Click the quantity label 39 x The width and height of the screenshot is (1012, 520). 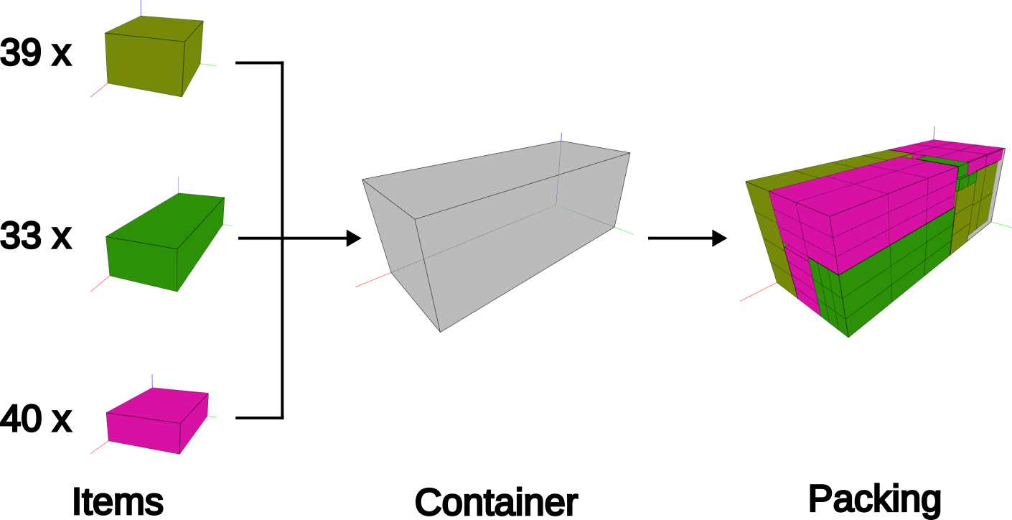coord(36,53)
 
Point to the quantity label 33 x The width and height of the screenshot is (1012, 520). coord(36,236)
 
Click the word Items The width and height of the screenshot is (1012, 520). coord(118,501)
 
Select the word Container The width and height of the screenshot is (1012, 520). coord(496,501)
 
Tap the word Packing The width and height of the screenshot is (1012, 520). coord(874,498)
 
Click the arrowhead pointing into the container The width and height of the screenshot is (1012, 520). coord(353,238)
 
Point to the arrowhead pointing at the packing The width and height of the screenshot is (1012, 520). coord(719,238)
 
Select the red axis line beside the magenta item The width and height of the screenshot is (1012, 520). coord(99,447)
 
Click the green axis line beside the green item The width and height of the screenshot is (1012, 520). coord(228,225)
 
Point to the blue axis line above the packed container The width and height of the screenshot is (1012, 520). coord(934,132)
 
